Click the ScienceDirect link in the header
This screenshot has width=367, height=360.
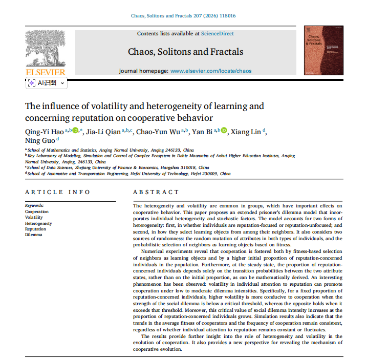[217, 34]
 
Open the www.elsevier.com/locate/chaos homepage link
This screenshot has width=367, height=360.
[211, 71]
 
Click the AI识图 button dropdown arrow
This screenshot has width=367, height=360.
[63, 82]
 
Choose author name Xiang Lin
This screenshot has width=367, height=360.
[246, 132]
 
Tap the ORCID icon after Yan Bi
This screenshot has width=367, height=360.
[224, 131]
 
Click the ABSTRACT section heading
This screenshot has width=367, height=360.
[156, 192]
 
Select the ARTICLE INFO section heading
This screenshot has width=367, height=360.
[57, 192]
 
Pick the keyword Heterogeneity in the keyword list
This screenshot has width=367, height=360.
[38, 223]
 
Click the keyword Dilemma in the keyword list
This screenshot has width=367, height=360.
[34, 235]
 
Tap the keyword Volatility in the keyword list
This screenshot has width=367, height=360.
[34, 218]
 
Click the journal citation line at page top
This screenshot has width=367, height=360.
[183, 16]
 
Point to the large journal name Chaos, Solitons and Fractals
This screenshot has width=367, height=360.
[185, 52]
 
